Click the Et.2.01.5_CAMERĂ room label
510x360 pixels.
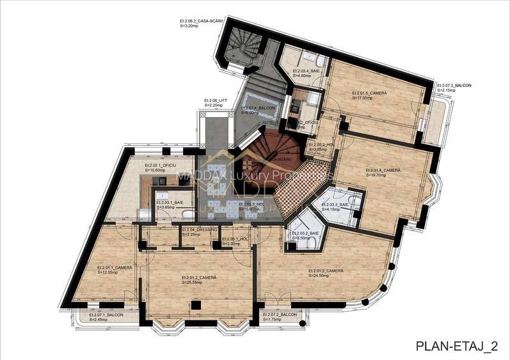coord(369,93)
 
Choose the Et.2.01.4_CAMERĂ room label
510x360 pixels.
coord(383,170)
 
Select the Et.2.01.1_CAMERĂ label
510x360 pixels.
coord(115,267)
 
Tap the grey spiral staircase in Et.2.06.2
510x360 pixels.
coord(246,45)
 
